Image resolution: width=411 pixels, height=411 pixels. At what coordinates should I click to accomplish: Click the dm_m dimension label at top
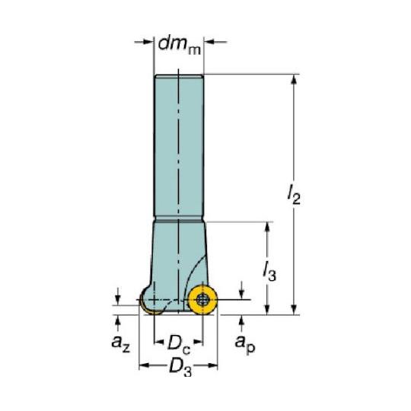pyautogui.click(x=180, y=46)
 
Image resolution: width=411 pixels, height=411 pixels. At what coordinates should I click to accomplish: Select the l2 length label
pyautogui.click(x=294, y=196)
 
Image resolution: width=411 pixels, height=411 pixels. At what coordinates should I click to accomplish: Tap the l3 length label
pyautogui.click(x=269, y=272)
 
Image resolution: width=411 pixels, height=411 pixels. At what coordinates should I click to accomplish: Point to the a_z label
pyautogui.click(x=120, y=343)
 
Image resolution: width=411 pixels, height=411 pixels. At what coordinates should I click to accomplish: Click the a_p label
pyautogui.click(x=245, y=344)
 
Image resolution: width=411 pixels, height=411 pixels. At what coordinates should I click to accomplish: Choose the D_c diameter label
pyautogui.click(x=179, y=344)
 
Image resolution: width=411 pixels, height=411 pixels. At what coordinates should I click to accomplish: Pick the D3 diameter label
pyautogui.click(x=180, y=367)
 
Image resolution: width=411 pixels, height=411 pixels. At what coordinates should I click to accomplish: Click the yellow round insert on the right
pyautogui.click(x=203, y=300)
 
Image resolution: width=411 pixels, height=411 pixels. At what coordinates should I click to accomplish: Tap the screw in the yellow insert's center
pyautogui.click(x=202, y=300)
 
